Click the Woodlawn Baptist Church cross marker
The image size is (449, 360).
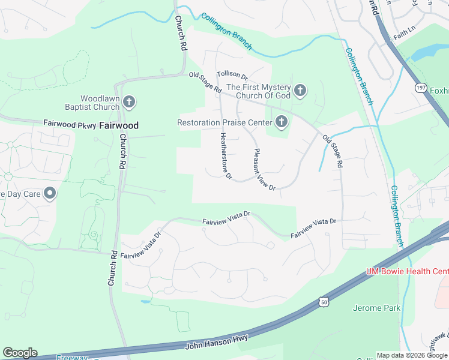129,102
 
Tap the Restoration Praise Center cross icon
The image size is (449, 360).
280,122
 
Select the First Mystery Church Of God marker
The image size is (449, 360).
300,91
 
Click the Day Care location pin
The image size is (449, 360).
50,193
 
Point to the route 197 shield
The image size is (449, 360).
420,88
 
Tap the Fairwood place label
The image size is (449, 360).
118,126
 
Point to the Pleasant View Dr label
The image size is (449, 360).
264,170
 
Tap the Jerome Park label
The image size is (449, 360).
376,308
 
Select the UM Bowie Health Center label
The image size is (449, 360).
407,272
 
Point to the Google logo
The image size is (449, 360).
20,353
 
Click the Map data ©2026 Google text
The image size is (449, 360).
412,355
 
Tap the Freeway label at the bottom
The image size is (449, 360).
72,358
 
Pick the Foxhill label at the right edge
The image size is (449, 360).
439,91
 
